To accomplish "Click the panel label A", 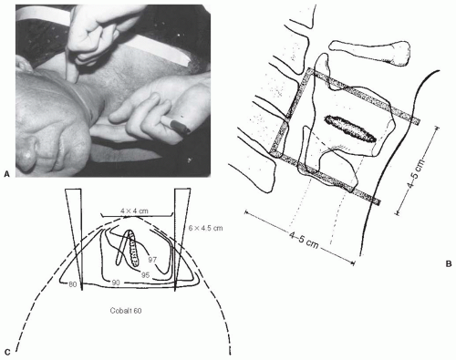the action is [7, 174].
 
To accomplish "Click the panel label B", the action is [449, 264].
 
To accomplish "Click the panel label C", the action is [7, 353].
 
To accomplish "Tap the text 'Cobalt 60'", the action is [126, 311].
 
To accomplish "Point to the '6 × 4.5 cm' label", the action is [205, 228].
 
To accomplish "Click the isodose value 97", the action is [152, 260].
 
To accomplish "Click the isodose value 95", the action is [146, 275].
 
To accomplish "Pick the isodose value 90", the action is [116, 283].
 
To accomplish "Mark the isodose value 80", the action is [72, 284].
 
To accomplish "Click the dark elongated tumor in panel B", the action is [350, 129].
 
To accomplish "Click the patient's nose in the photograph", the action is [28, 153].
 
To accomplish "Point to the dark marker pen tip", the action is [180, 126].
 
